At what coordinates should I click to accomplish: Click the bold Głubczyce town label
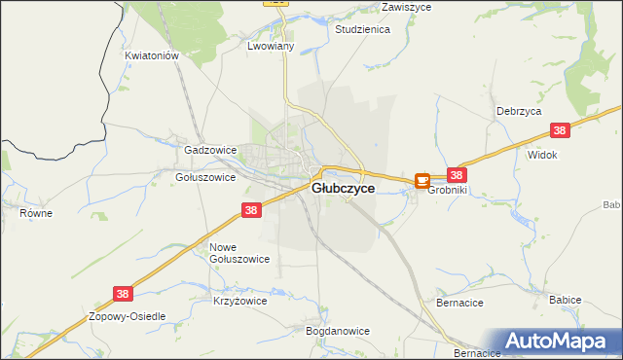point(343,189)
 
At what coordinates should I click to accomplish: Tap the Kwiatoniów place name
point(153,56)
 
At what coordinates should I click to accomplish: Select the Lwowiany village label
point(271,47)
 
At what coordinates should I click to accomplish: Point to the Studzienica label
point(362,30)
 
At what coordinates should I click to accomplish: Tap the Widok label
point(541,155)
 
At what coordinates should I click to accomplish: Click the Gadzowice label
point(210,151)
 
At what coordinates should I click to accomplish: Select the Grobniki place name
point(449,190)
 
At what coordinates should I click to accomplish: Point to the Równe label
point(35,211)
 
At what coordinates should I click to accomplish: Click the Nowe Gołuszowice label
point(238,253)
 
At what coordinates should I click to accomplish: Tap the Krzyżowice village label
point(239,302)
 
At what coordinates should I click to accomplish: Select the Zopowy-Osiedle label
point(128,317)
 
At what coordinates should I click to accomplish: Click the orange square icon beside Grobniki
point(422,180)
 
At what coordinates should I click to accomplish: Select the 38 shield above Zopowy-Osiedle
point(122,293)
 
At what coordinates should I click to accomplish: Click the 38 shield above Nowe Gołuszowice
point(251,210)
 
